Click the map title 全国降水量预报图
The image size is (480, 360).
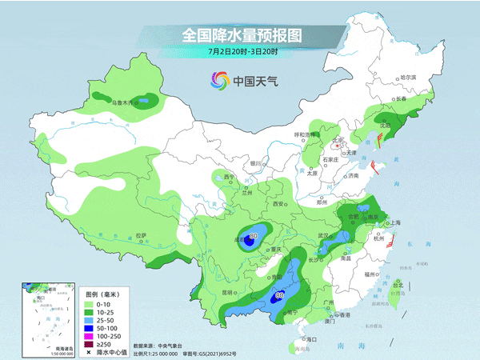point(241,36)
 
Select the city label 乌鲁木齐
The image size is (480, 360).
point(123,102)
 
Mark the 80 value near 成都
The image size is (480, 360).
point(254,236)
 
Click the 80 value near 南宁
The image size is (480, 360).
point(278,295)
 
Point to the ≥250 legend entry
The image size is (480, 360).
point(102,343)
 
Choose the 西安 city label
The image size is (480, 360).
point(281,205)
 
